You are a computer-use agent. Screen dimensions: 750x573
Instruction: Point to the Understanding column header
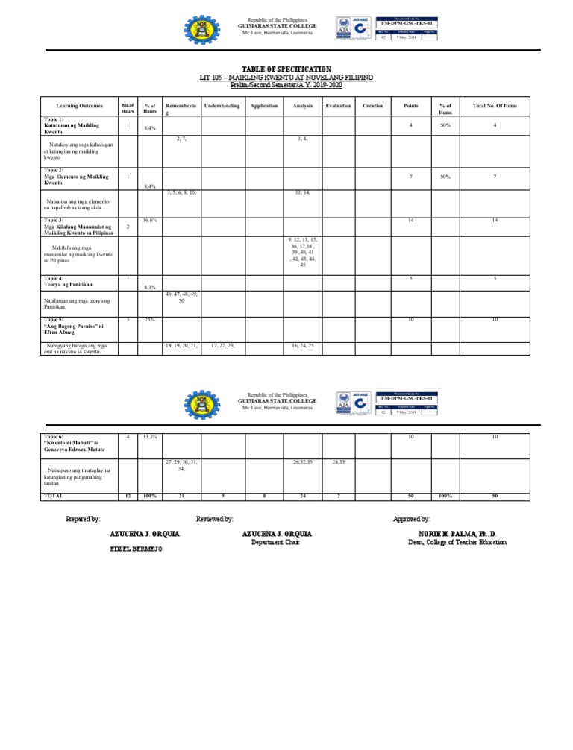click(x=221, y=106)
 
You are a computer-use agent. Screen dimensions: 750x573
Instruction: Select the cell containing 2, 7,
click(x=181, y=139)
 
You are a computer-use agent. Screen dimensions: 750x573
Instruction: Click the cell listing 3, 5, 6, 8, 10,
click(x=181, y=192)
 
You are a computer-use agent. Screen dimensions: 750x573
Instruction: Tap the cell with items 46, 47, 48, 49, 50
click(x=181, y=297)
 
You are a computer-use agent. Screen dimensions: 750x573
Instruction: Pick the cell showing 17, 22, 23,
click(x=221, y=346)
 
